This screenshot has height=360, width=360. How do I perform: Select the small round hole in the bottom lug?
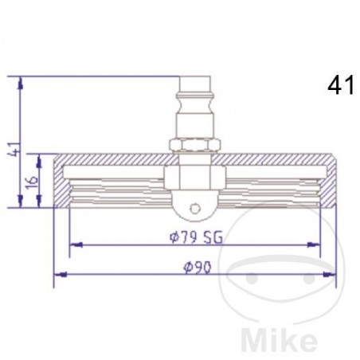coord(193,209)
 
